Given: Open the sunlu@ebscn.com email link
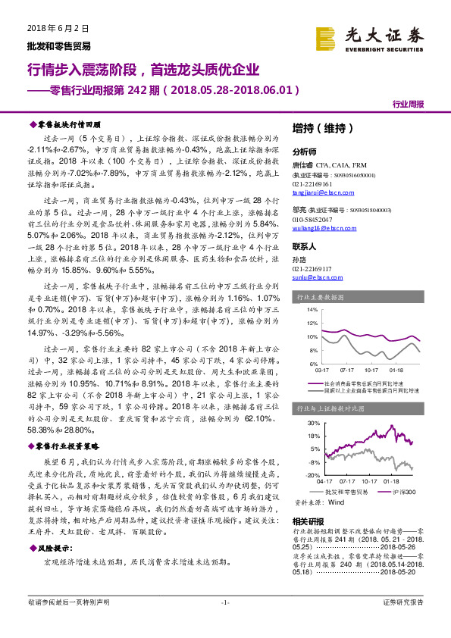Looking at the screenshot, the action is click(x=318, y=277).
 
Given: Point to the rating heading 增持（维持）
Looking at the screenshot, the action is click(x=322, y=129).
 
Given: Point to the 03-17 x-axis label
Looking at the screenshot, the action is click(x=322, y=371).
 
